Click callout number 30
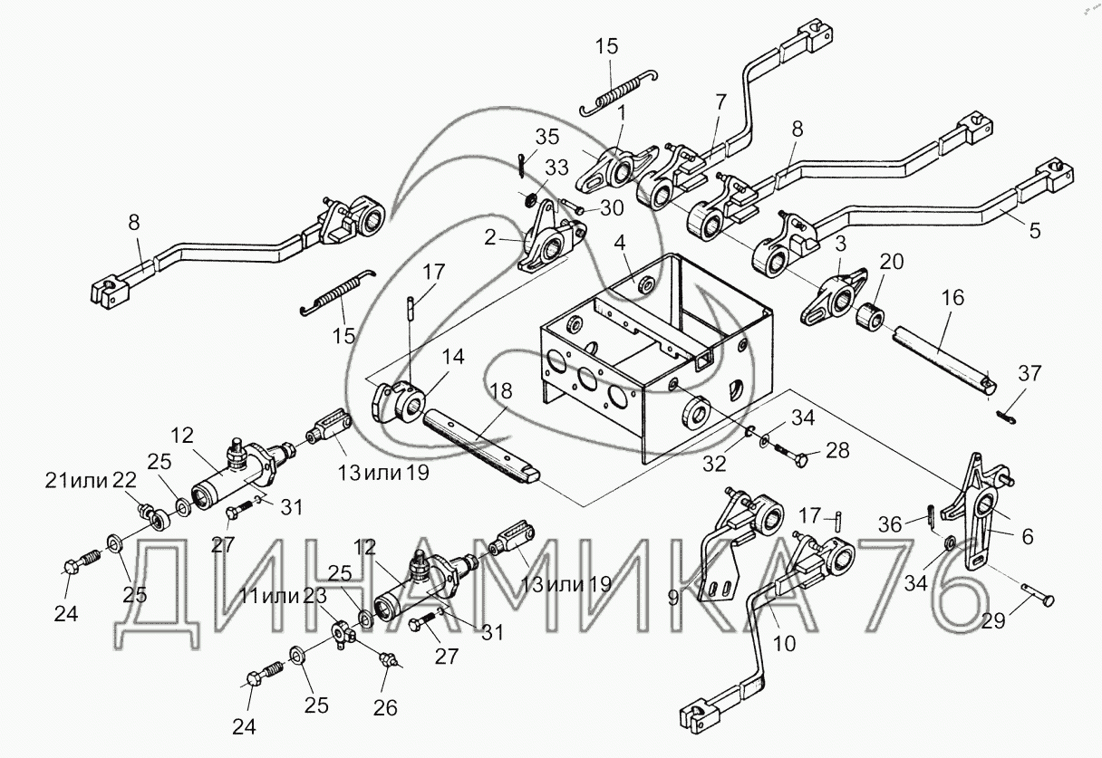tap(614, 207)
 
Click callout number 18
tap(501, 392)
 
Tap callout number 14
tap(453, 358)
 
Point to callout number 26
tap(386, 708)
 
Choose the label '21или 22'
tap(90, 480)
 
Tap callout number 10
tap(784, 643)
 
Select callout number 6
tap(1027, 537)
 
